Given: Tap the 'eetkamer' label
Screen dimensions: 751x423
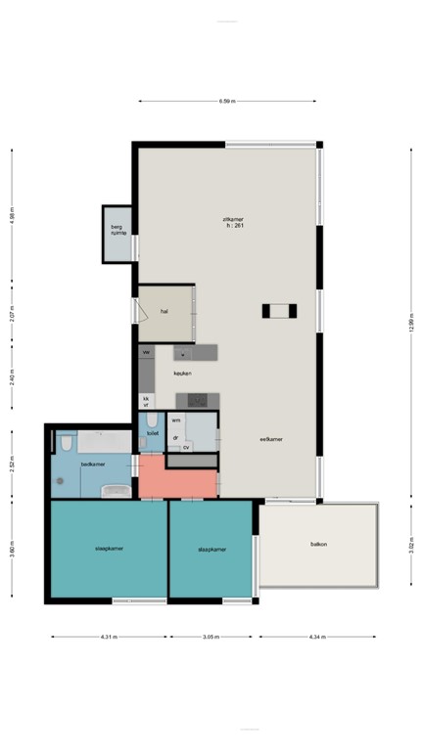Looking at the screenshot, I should click(x=271, y=440).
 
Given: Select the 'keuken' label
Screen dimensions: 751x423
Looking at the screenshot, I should click(x=182, y=373).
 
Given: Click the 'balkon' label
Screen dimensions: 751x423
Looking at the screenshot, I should click(x=318, y=544).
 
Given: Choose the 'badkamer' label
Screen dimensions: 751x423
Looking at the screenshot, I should click(x=92, y=464).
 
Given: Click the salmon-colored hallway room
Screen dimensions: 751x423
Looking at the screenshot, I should click(x=176, y=479).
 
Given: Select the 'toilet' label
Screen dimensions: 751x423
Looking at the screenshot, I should click(x=153, y=432).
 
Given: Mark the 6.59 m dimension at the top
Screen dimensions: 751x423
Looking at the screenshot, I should click(x=227, y=101).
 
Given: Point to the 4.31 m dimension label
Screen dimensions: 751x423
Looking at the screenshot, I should click(x=109, y=637).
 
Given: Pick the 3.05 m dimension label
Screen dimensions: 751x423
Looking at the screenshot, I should click(x=211, y=637).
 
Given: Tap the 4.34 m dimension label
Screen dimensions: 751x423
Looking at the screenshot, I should click(x=316, y=637).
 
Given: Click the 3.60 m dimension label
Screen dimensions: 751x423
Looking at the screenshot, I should click(x=12, y=550).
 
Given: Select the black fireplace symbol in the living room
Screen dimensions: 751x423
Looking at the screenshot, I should click(x=279, y=311).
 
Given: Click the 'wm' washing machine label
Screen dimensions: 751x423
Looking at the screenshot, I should click(x=176, y=420).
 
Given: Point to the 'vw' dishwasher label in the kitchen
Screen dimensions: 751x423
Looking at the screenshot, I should click(x=146, y=351).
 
